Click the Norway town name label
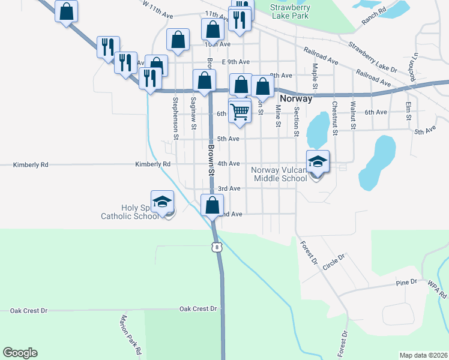pos(295,99)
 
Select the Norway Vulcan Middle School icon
pos(318,161)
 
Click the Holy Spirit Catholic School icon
pos(161,202)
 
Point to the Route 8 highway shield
pos(216,246)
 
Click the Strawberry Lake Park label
pos(289,11)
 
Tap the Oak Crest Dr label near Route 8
pos(197,308)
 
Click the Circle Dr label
pos(334,262)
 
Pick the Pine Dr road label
pos(406,282)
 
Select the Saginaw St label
pos(193,113)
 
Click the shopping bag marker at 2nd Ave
pos(212,205)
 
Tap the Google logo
pos(20,353)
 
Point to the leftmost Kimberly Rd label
pos(30,164)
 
